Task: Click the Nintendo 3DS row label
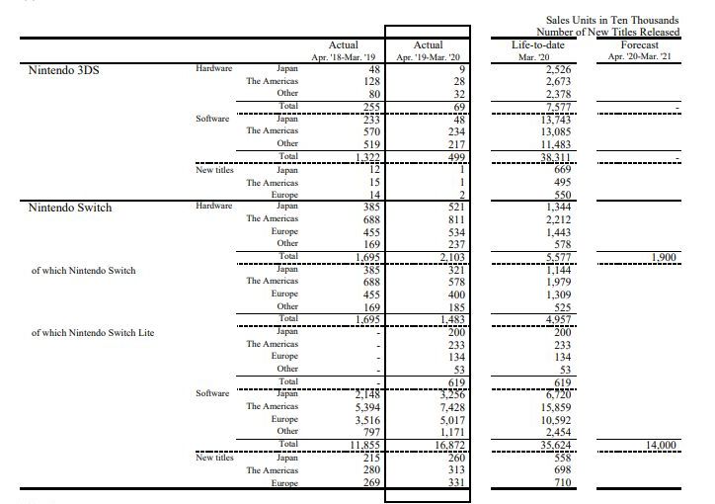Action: coord(64,69)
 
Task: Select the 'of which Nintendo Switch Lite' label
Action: coord(93,332)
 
